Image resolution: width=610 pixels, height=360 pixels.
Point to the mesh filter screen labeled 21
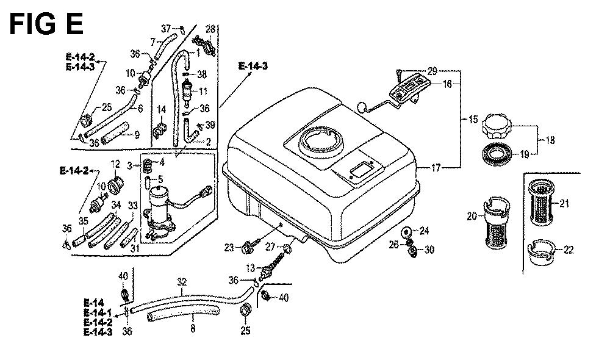click(x=540, y=201)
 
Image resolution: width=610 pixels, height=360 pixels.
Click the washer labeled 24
click(x=406, y=233)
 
